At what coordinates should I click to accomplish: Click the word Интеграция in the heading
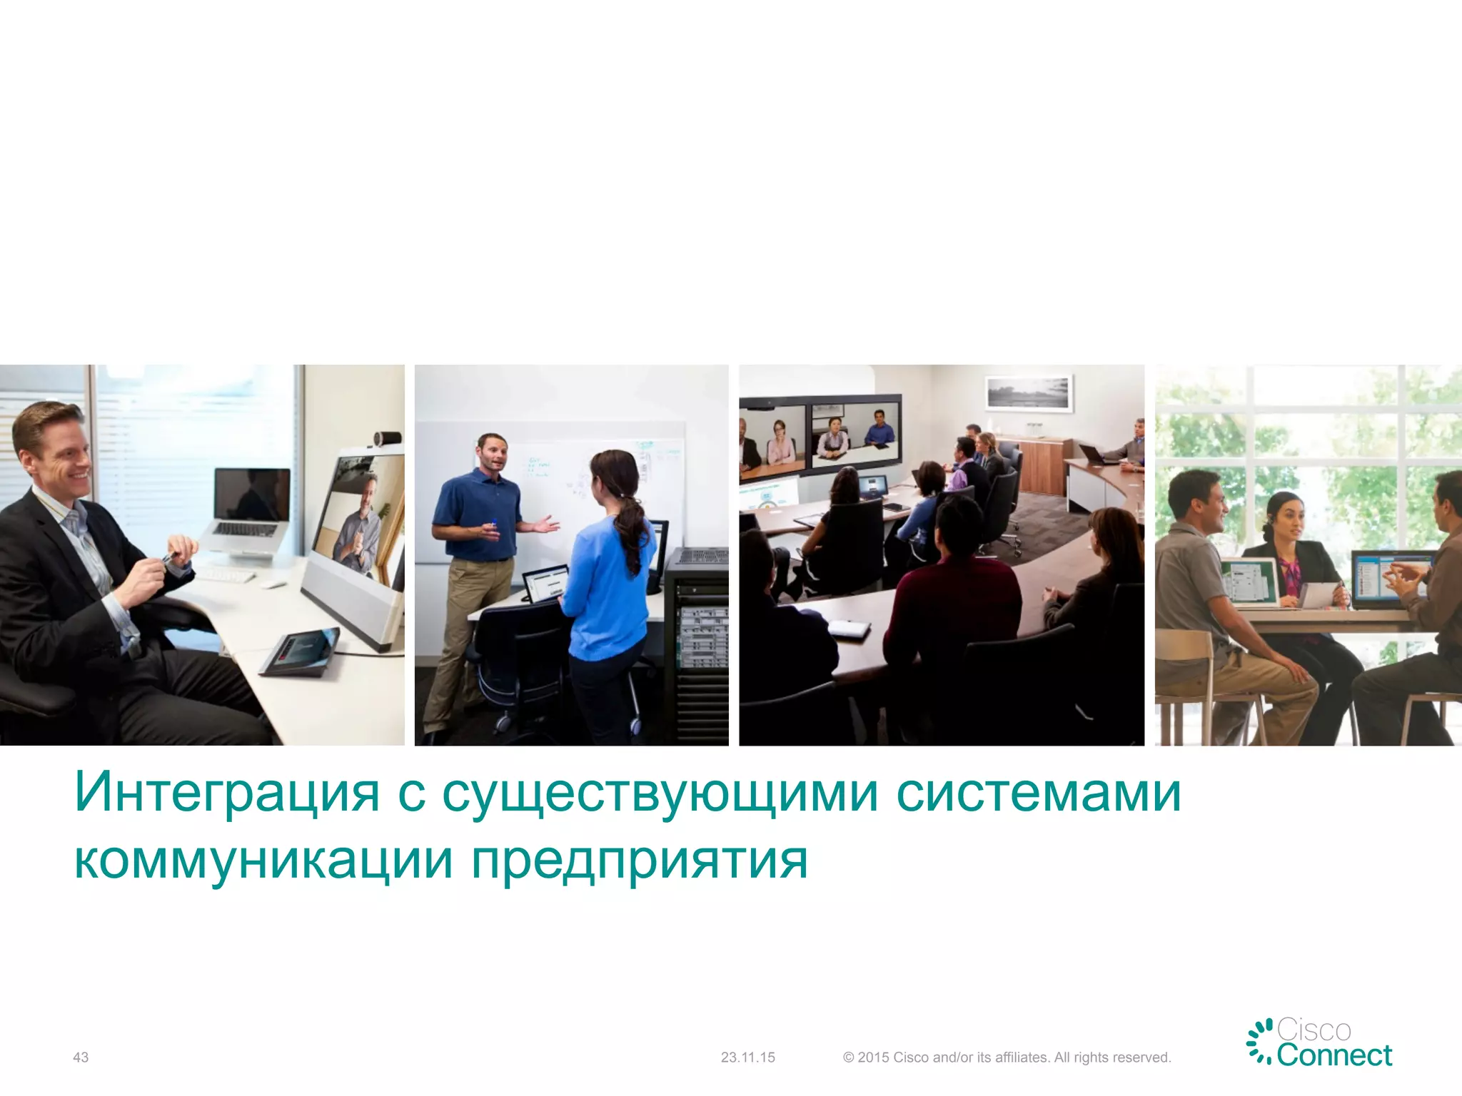(227, 792)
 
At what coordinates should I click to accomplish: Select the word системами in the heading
(1039, 792)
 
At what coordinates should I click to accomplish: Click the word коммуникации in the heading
(263, 860)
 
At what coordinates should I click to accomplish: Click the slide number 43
(81, 1057)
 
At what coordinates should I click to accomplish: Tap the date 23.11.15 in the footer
(747, 1057)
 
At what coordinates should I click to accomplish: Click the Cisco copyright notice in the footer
(1007, 1057)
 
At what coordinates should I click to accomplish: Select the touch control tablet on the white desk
(300, 650)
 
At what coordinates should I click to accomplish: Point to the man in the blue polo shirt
(478, 514)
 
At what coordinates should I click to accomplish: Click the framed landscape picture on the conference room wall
(1029, 392)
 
